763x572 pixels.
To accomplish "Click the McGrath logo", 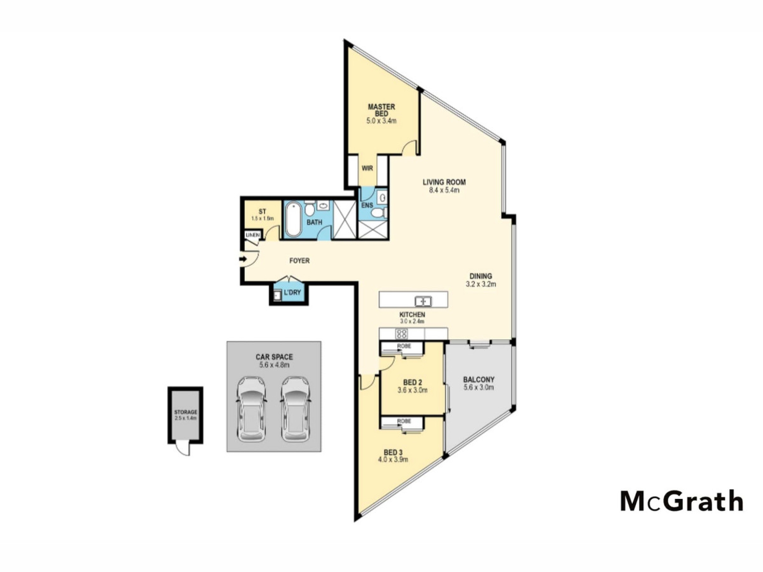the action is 682,501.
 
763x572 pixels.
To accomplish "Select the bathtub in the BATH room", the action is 294,219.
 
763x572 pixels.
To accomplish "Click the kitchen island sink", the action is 423,301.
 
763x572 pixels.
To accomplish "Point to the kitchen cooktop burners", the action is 401,334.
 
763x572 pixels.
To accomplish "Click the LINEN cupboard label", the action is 252,235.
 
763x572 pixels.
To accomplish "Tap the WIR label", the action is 367,168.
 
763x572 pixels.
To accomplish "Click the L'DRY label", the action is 292,293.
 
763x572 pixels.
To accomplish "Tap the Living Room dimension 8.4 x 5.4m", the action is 444,190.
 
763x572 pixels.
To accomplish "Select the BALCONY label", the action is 478,380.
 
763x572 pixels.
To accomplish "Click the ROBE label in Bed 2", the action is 404,346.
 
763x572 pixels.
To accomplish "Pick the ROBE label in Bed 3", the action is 404,421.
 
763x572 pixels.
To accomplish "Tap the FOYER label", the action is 299,261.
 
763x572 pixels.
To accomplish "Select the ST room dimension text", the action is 262,218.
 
